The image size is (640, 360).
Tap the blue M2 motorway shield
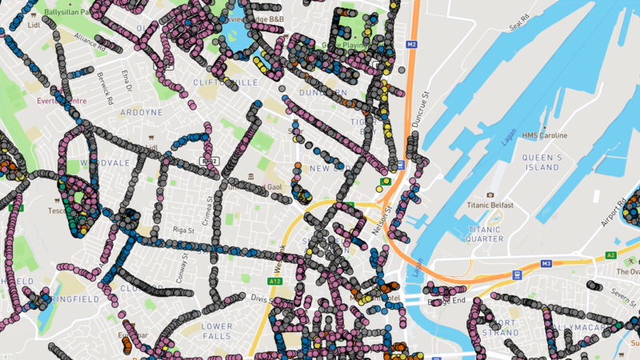[412, 44]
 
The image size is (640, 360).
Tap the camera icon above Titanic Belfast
[490, 195]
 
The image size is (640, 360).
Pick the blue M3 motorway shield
[546, 262]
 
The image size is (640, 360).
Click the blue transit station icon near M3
[518, 274]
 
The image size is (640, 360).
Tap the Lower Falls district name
[217, 331]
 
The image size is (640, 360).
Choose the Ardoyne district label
[118, 111]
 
